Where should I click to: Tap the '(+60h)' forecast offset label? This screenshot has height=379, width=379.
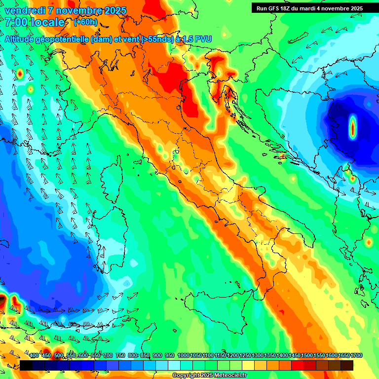(x=85, y=22)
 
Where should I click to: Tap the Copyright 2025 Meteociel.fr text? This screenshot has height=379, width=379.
(x=209, y=376)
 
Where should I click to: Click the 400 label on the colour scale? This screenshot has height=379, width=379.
(x=34, y=355)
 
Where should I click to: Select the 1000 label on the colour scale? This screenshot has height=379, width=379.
(x=183, y=355)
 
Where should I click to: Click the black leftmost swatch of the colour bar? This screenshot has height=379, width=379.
(x=26, y=365)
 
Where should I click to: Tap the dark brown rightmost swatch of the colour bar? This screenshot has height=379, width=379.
(x=347, y=365)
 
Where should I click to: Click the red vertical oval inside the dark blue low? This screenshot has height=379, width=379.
(x=353, y=127)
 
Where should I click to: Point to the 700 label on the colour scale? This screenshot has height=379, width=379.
(x=108, y=355)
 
